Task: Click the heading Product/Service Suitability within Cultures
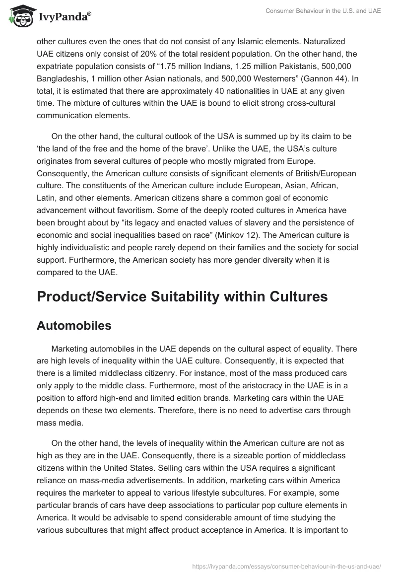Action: pyautogui.click(x=182, y=296)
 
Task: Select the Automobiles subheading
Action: pyautogui.click(x=74, y=325)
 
